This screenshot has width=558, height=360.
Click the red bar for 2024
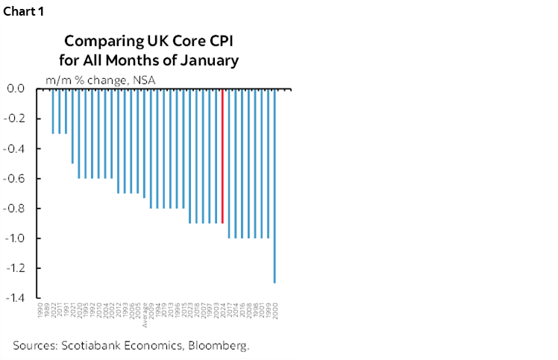coord(222,156)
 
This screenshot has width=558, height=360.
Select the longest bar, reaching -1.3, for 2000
coord(276,186)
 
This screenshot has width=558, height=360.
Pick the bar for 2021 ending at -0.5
coord(72,126)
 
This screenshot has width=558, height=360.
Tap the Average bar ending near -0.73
coord(144,143)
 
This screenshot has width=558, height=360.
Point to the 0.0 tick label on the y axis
coord(16,89)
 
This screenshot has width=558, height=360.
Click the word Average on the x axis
coord(144,315)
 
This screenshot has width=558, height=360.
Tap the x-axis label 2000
coord(276,311)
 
